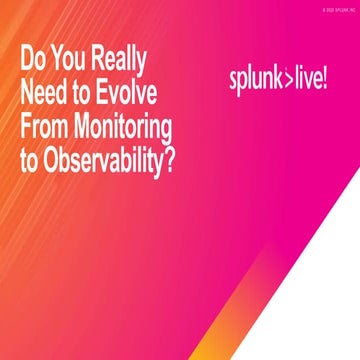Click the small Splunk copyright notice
(x=334, y=8)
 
